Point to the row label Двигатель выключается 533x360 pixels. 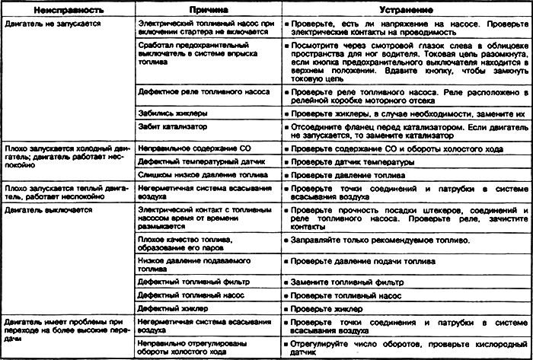click(x=40, y=207)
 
